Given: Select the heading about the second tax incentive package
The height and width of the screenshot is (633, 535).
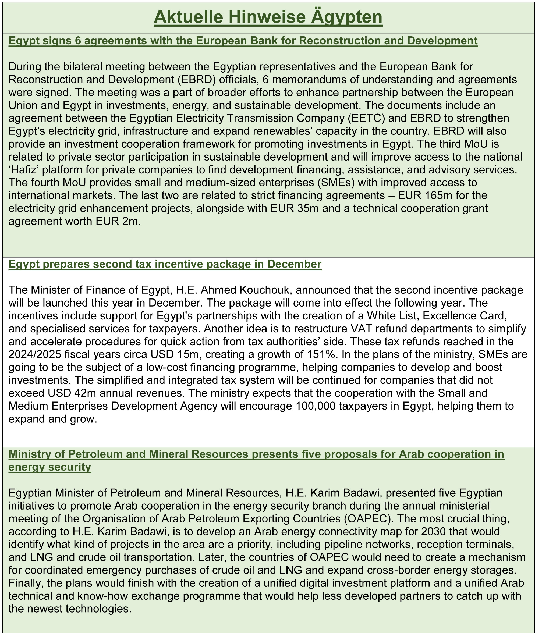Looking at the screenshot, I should [x=165, y=264].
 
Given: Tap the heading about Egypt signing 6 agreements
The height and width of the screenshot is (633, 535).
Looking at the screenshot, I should [x=243, y=41].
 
